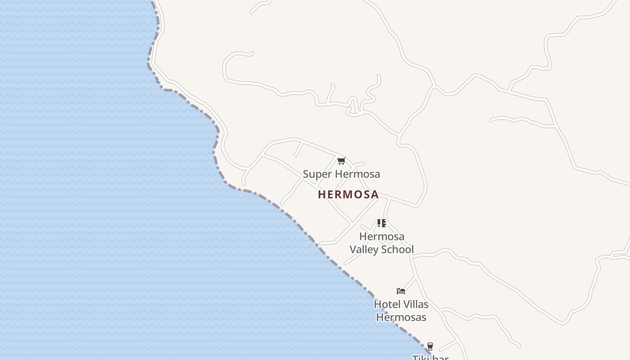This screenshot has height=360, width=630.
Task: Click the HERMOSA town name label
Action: (348, 194)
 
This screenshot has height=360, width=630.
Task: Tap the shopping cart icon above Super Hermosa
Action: (341, 161)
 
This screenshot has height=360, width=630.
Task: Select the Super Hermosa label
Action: (341, 174)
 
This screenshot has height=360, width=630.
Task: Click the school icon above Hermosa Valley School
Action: (382, 223)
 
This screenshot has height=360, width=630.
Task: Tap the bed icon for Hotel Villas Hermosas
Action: (401, 291)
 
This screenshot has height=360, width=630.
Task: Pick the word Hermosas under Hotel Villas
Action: (401, 317)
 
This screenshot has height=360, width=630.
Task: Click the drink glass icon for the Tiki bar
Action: (430, 346)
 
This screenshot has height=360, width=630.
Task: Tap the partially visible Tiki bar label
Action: (430, 357)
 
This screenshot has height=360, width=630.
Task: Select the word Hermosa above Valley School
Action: (382, 236)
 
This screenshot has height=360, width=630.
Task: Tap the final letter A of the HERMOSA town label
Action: (374, 194)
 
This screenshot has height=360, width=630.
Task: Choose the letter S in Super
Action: (306, 174)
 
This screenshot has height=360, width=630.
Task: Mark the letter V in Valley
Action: (353, 249)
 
